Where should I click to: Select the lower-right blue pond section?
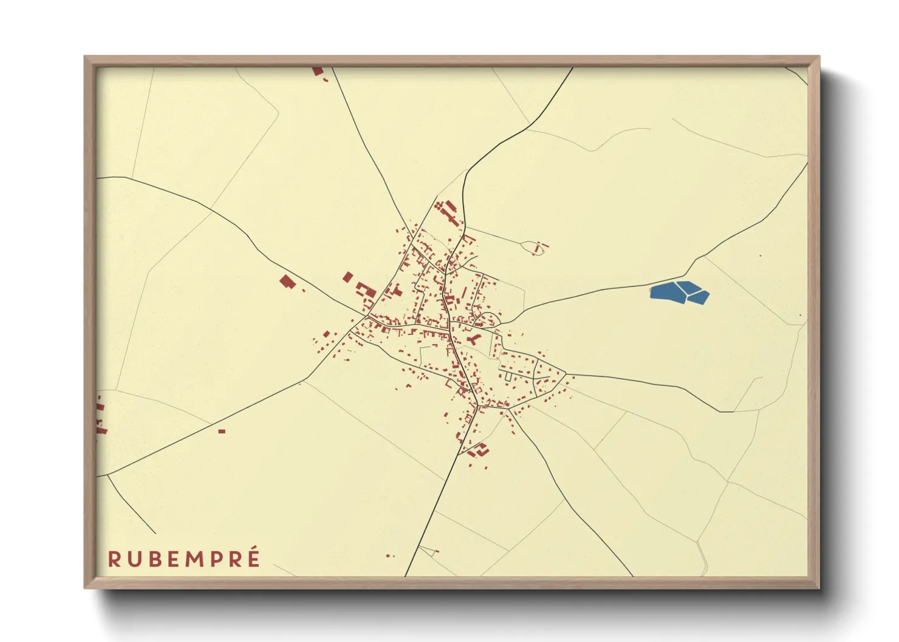tap(699, 297)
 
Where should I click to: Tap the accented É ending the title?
tap(253, 558)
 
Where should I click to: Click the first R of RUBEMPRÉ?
tap(114, 559)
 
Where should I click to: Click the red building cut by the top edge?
tap(317, 71)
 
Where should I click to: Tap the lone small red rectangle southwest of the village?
tap(222, 431)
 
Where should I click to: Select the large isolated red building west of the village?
tap(287, 282)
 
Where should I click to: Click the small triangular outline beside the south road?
tap(427, 550)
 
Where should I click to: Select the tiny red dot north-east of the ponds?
tap(760, 255)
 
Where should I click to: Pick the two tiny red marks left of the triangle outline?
tap(389, 555)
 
